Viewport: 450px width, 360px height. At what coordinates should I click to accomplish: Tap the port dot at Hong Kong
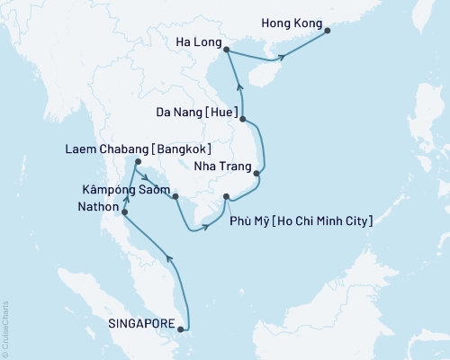tap(327, 31)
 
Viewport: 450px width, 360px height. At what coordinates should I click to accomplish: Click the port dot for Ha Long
tap(225, 50)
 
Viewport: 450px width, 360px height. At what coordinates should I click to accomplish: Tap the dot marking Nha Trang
tap(257, 174)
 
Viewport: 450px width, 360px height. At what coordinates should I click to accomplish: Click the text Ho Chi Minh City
tap(328, 220)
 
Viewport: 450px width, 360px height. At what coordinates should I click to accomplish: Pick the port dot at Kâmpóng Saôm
tap(175, 196)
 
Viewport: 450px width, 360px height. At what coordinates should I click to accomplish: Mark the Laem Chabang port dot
tap(136, 163)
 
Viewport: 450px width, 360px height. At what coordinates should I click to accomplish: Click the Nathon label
tap(94, 205)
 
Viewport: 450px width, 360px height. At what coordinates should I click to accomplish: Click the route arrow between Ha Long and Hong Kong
tap(283, 58)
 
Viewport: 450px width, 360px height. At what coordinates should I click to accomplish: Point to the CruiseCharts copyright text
tap(5, 328)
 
